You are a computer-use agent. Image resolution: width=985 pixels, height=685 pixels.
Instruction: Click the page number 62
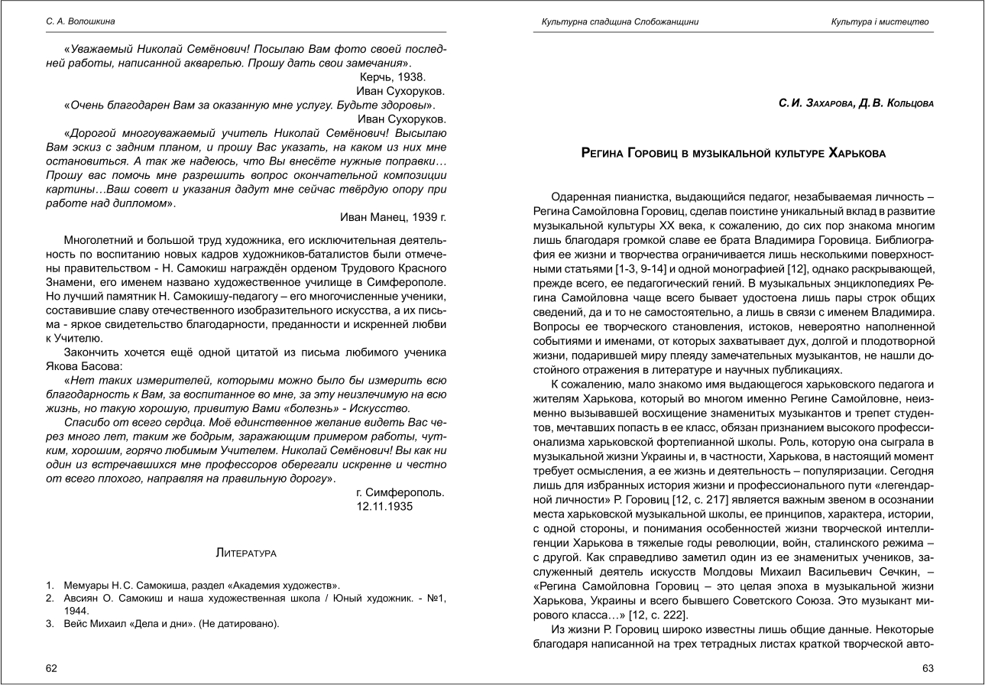(52, 668)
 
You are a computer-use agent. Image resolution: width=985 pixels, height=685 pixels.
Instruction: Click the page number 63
(928, 668)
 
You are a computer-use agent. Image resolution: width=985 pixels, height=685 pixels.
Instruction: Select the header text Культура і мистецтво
(880, 21)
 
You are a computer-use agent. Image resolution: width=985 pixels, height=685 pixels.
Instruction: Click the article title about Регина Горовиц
(734, 154)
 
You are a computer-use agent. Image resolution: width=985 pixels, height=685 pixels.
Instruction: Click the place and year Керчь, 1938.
(392, 76)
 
